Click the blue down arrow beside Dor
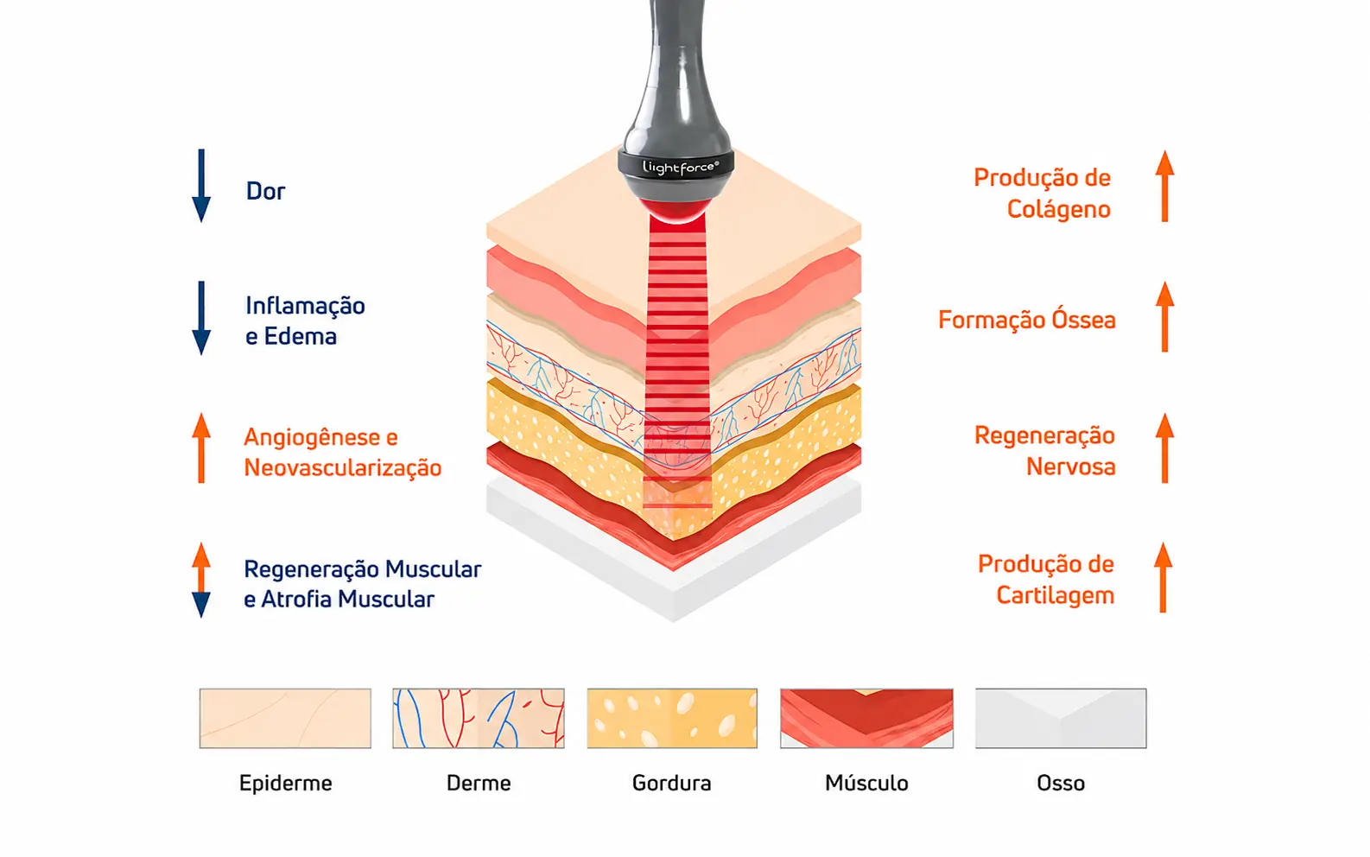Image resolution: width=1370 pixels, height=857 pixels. click(x=201, y=186)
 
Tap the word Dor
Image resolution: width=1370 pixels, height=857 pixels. click(x=265, y=192)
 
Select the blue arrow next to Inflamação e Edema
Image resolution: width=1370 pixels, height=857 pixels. click(x=201, y=318)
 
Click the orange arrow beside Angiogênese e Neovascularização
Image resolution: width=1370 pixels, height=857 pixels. click(x=201, y=448)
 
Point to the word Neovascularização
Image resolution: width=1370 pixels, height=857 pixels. click(x=342, y=468)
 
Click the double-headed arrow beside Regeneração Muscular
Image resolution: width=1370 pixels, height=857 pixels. click(x=201, y=580)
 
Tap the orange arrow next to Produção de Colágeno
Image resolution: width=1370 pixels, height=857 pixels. click(x=1164, y=186)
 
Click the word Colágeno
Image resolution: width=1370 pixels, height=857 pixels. click(x=1059, y=210)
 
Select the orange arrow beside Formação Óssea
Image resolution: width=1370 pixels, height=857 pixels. click(x=1164, y=317)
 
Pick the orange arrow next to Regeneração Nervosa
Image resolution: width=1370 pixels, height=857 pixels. click(x=1164, y=448)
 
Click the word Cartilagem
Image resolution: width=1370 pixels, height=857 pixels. click(x=1055, y=596)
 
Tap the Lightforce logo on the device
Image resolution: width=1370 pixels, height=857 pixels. click(x=680, y=168)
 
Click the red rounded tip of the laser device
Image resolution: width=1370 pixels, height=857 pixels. click(x=677, y=211)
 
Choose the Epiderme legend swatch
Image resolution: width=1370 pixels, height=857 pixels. click(x=285, y=718)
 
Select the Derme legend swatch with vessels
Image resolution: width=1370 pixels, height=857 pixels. click(x=479, y=718)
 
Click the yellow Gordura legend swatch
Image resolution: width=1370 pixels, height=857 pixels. click(x=672, y=718)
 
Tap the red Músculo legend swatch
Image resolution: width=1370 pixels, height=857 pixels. click(x=866, y=718)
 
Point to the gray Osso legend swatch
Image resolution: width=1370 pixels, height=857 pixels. click(x=1061, y=718)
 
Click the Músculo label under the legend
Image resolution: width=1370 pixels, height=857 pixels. click(x=866, y=783)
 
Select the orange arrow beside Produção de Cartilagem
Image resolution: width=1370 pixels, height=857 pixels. click(x=1164, y=577)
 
